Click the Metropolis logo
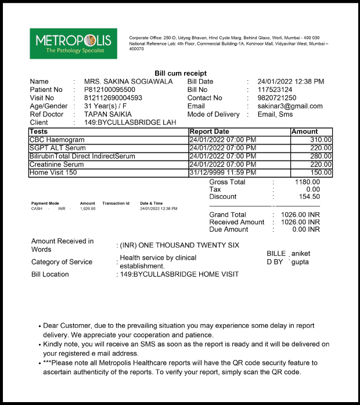(73, 44)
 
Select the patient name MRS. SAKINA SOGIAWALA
(128, 82)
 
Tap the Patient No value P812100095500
(110, 90)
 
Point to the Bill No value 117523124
(275, 90)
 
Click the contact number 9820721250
(277, 98)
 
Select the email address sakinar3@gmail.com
(290, 106)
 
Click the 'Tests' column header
(38, 132)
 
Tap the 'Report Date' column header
(210, 132)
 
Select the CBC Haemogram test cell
(57, 140)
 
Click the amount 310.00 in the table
(321, 140)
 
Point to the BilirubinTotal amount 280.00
(321, 156)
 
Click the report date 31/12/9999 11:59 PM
(223, 173)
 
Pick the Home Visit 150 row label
(53, 173)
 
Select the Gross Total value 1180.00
(308, 182)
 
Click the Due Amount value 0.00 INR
(306, 230)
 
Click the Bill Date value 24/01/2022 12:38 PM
(291, 82)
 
